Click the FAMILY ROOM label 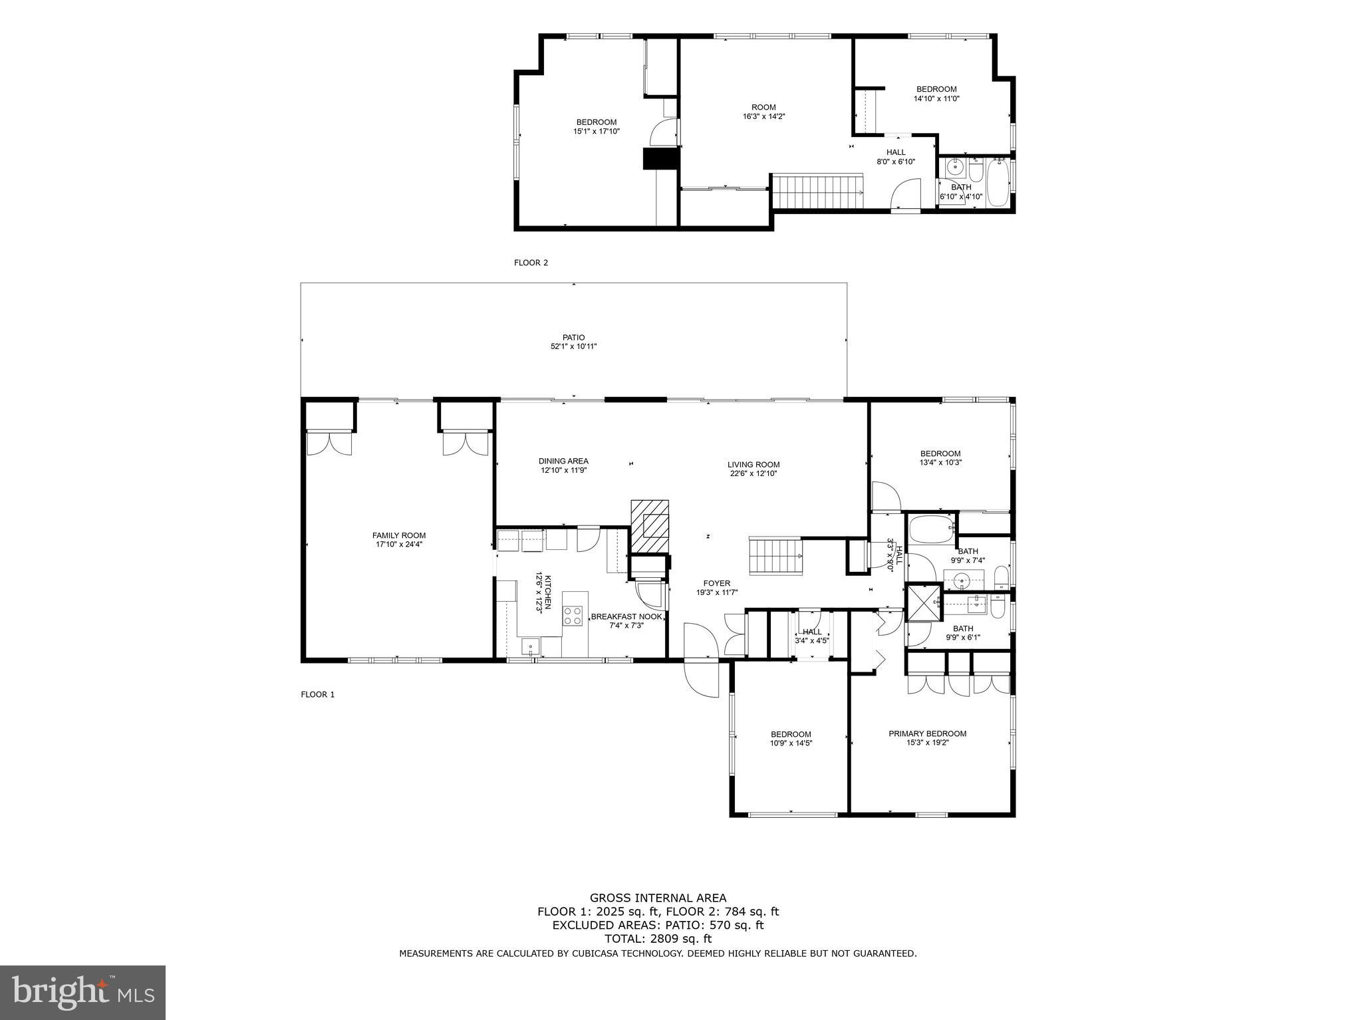tap(398, 535)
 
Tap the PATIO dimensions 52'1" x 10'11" tap(573, 346)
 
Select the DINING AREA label tap(563, 461)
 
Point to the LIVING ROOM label tap(753, 465)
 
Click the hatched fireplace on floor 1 tap(650, 526)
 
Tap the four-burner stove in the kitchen tap(573, 616)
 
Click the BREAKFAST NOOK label tap(626, 616)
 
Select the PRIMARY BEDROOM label tap(927, 733)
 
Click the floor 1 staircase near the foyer tap(775, 557)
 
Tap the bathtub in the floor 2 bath tap(998, 182)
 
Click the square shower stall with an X tap(924, 602)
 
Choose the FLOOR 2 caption tap(531, 263)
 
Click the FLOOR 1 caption tap(317, 694)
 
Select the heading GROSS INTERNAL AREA tap(658, 898)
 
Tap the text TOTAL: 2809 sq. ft tap(658, 939)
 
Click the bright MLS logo tap(82, 992)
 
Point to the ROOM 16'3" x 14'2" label tap(763, 112)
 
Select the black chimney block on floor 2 tap(660, 160)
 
